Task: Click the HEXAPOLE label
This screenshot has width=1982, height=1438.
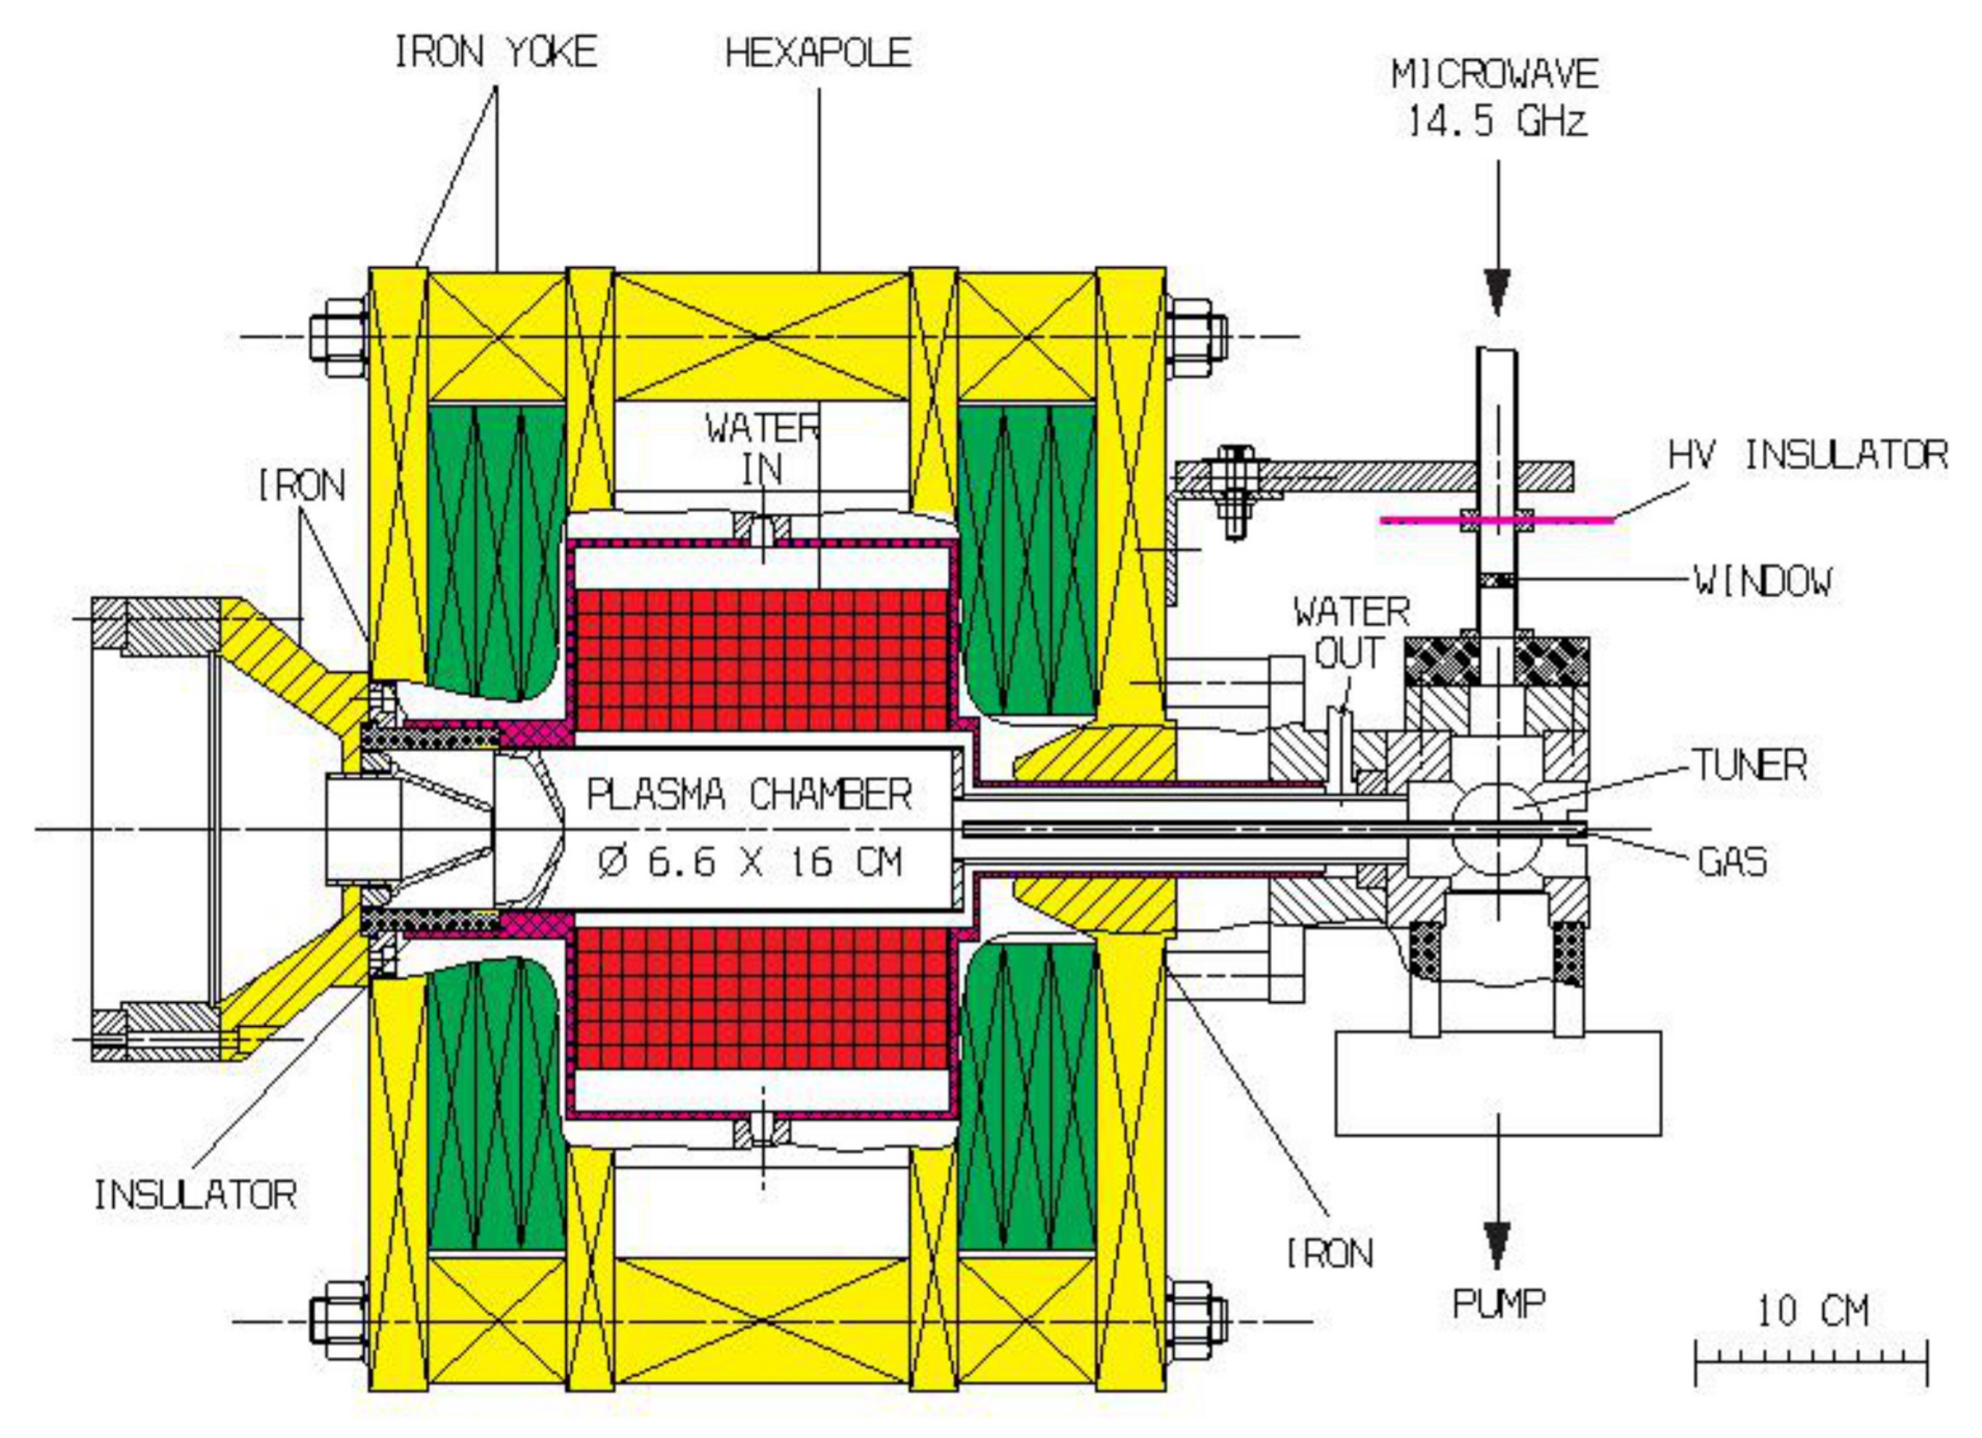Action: point(818,54)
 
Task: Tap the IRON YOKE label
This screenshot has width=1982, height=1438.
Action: point(496,54)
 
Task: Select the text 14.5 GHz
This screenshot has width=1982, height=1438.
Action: point(1496,121)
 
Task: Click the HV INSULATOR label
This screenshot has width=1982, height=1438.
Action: point(1807,455)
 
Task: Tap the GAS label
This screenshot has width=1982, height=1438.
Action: point(1732,862)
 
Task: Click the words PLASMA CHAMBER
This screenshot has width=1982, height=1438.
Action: point(749,795)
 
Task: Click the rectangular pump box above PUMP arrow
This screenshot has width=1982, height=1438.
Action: point(1498,1083)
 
